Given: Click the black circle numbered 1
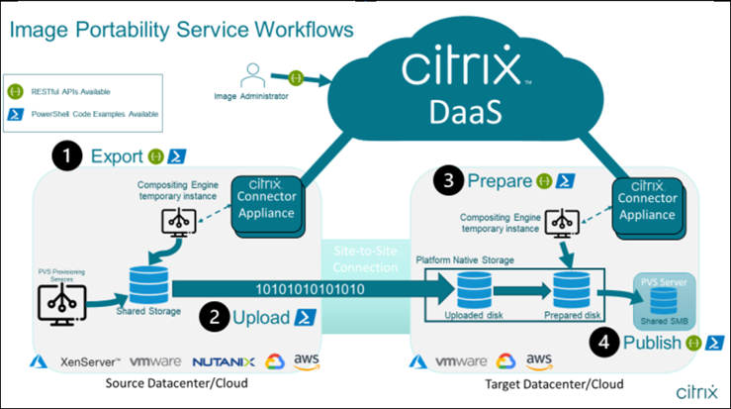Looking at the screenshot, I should click(x=66, y=155).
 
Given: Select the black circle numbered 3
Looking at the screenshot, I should click(x=448, y=181).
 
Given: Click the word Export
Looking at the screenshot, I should click(x=118, y=155).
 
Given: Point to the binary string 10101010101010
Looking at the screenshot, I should click(x=309, y=289).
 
